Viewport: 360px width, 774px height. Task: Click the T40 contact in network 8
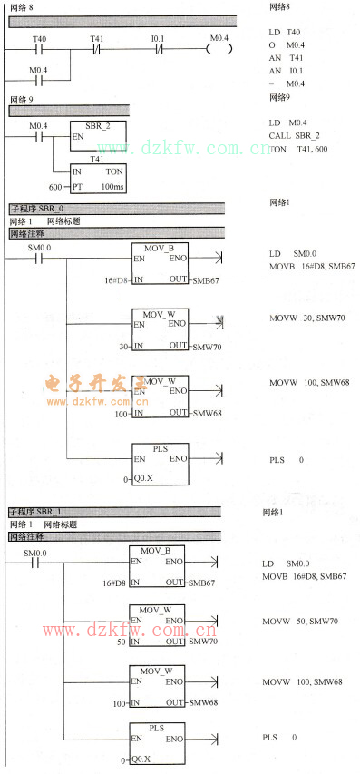[x=38, y=48]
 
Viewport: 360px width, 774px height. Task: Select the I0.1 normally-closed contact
[x=157, y=48]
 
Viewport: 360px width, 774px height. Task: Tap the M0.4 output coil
[x=218, y=48]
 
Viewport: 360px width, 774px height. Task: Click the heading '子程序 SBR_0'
[x=37, y=209]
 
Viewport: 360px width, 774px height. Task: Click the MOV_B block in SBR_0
[x=161, y=262]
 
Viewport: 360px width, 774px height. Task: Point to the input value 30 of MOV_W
[x=124, y=346]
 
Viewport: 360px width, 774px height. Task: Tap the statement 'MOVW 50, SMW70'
[x=299, y=621]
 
